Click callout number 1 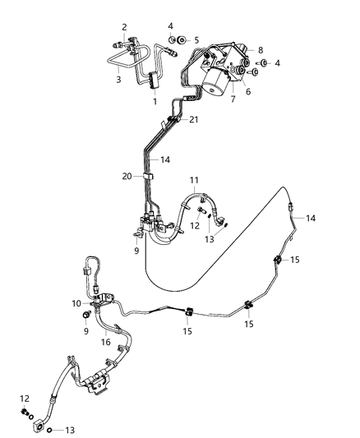tap(155, 101)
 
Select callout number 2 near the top tap(124, 27)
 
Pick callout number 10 tap(261, 50)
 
